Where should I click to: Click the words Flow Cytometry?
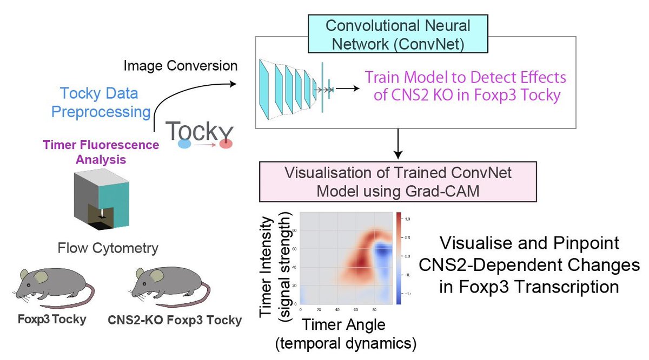[108, 248]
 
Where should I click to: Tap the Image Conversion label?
[181, 66]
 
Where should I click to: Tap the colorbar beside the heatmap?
[398, 259]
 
